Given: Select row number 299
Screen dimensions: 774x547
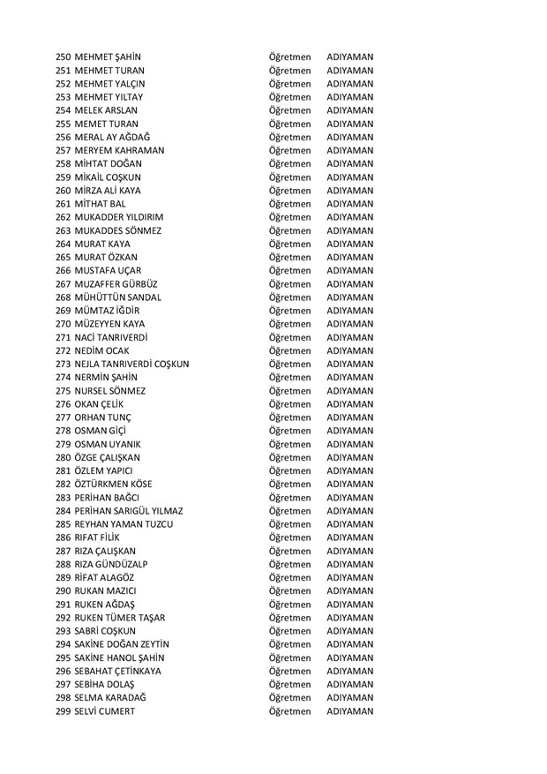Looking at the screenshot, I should click(x=63, y=711).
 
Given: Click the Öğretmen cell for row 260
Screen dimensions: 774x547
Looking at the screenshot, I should click(x=290, y=191).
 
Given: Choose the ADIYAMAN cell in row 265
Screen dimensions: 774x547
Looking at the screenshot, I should click(x=349, y=258).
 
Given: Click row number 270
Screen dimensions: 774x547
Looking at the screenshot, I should click(x=63, y=325).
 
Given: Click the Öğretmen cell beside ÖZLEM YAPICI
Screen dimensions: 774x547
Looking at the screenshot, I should click(x=290, y=471).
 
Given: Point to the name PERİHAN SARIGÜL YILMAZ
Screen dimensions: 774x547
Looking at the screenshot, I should click(x=129, y=511).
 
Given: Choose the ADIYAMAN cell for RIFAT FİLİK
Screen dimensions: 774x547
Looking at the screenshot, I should click(x=349, y=537).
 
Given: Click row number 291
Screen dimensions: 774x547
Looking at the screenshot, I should click(x=63, y=605).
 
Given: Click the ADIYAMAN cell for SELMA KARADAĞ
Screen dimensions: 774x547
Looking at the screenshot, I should click(x=349, y=698).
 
